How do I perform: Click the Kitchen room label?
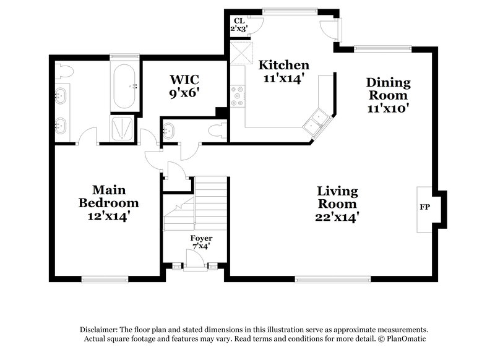(x=283, y=65)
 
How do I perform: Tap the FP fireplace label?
(x=424, y=207)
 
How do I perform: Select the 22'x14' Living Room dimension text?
(x=337, y=217)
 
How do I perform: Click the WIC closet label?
(x=184, y=80)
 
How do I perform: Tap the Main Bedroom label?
(x=108, y=195)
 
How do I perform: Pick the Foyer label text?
(x=201, y=238)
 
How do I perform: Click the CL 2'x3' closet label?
(x=239, y=24)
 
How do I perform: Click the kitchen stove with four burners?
(x=237, y=96)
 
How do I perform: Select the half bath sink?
(x=169, y=131)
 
